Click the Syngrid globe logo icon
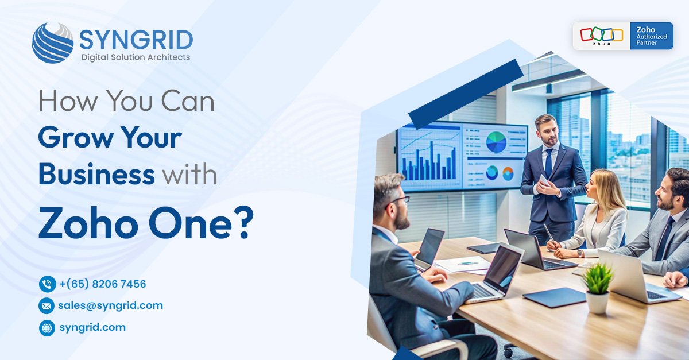[53, 42]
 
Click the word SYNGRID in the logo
[136, 40]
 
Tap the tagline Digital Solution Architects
[136, 57]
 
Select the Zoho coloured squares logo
[602, 34]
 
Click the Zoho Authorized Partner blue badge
[652, 36]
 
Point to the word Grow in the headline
[75, 137]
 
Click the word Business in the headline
[96, 174]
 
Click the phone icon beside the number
[47, 284]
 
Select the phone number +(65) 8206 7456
[103, 284]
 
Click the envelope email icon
[47, 306]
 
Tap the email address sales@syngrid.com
[111, 305]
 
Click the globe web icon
[47, 328]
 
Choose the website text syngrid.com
[92, 327]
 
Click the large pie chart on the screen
[496, 142]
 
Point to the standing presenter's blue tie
[549, 162]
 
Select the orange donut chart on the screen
[508, 173]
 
